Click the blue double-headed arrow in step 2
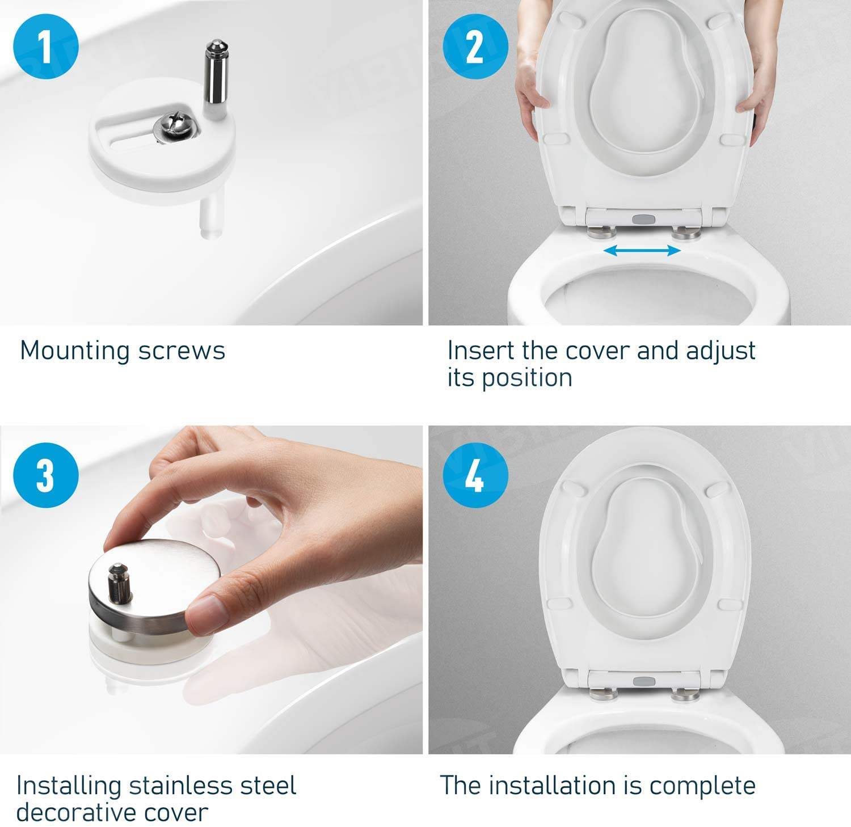coord(642,251)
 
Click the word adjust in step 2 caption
coord(721,351)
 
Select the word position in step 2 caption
coord(526,378)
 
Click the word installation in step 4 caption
coord(565,786)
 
